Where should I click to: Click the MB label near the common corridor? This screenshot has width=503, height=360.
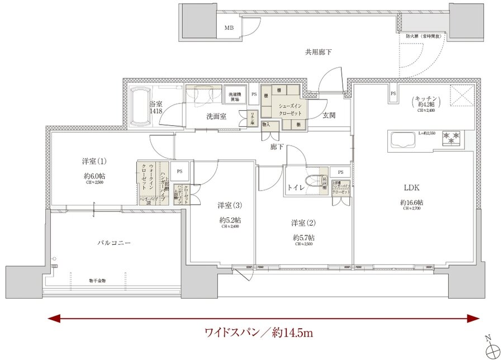pos(229,27)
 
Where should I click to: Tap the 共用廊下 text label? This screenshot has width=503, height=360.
pos(318,52)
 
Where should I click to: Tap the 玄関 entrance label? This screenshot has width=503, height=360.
pos(329,115)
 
